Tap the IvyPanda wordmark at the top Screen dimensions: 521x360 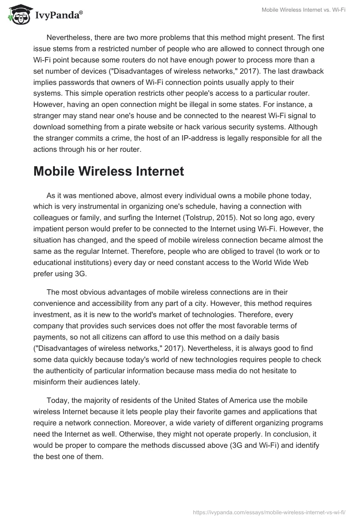pos(58,16)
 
